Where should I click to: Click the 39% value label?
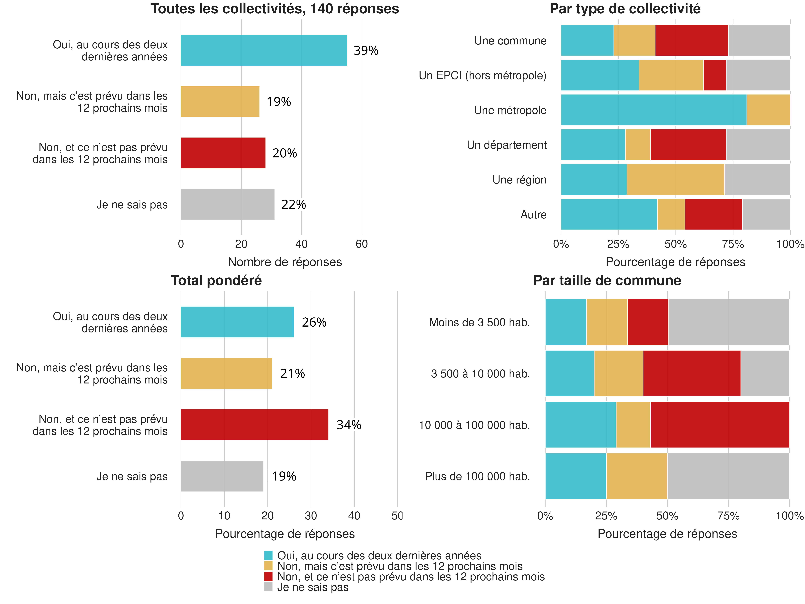(366, 51)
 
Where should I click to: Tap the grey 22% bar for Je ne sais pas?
(227, 204)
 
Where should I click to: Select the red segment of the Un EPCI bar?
(714, 75)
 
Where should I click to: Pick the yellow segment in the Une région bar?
(675, 179)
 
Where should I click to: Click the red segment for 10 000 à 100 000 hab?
(720, 425)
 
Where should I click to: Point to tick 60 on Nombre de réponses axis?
(361, 244)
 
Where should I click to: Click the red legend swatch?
(268, 576)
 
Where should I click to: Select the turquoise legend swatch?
(268, 555)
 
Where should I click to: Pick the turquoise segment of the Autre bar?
(609, 214)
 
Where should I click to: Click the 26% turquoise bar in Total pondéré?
(237, 322)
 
